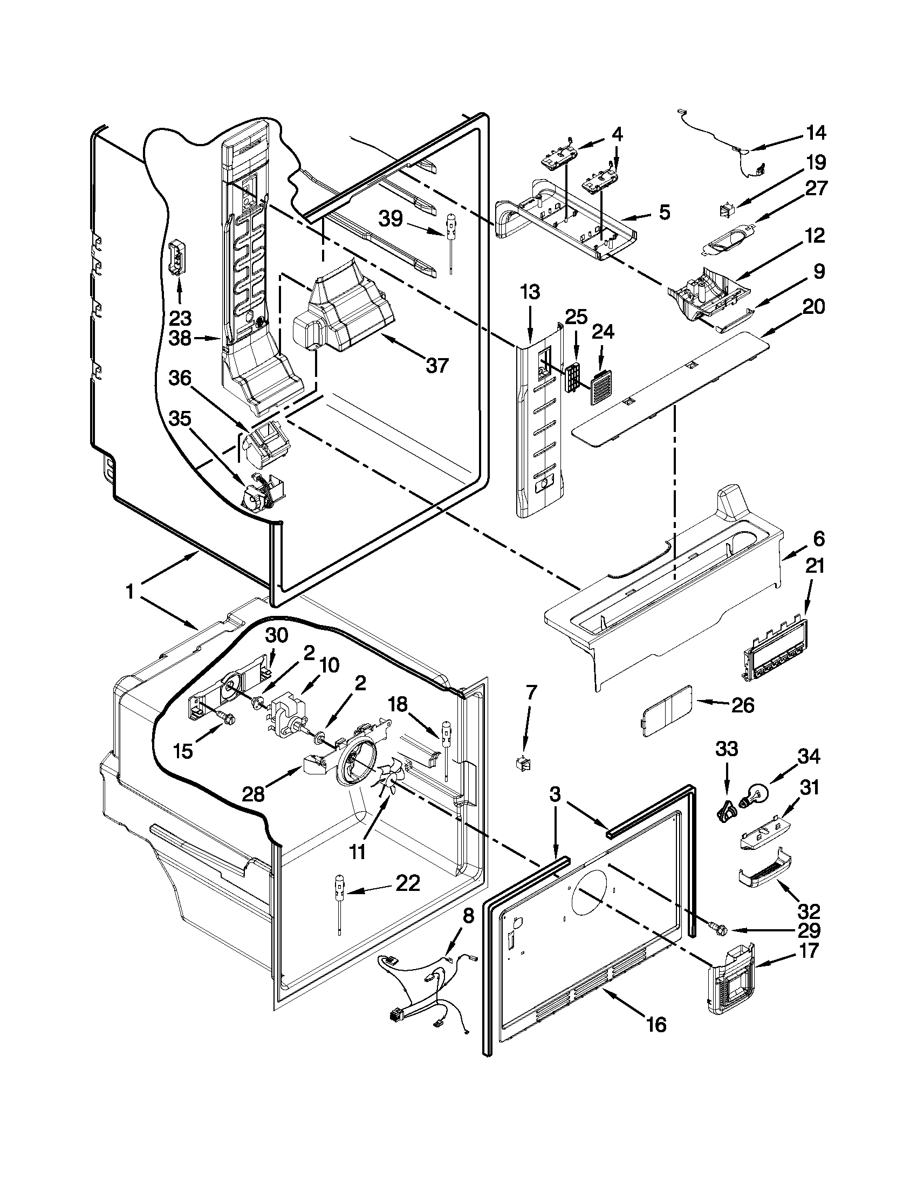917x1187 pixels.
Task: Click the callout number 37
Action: pyautogui.click(x=437, y=366)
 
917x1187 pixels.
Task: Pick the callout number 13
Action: pyautogui.click(x=530, y=292)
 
